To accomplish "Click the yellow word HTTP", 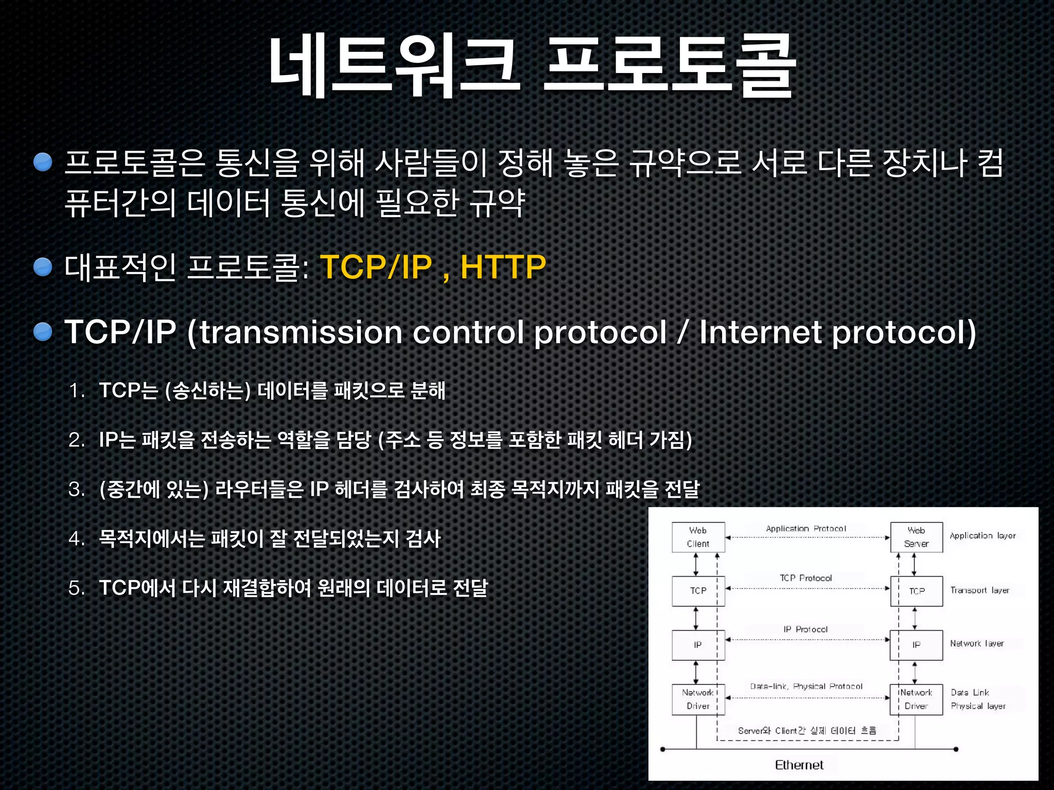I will (x=503, y=267).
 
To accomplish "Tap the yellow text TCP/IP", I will (x=376, y=267).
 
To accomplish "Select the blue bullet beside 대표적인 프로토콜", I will (x=43, y=267).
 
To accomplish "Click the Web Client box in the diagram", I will (x=698, y=537).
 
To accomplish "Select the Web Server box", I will (x=916, y=537).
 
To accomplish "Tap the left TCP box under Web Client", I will (x=698, y=591).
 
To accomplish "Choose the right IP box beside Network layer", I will (x=916, y=645).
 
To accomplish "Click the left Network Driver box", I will (x=698, y=699).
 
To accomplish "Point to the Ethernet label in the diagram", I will (x=799, y=765).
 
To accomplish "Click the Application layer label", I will (x=982, y=535).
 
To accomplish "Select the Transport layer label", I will (x=979, y=590).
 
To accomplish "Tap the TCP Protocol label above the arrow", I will (x=805, y=578).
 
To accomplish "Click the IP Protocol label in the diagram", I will (x=805, y=629).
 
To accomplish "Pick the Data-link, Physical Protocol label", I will (x=806, y=686).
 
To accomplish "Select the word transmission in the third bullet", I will (x=301, y=332).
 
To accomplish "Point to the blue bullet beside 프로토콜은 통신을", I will (x=43, y=162).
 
